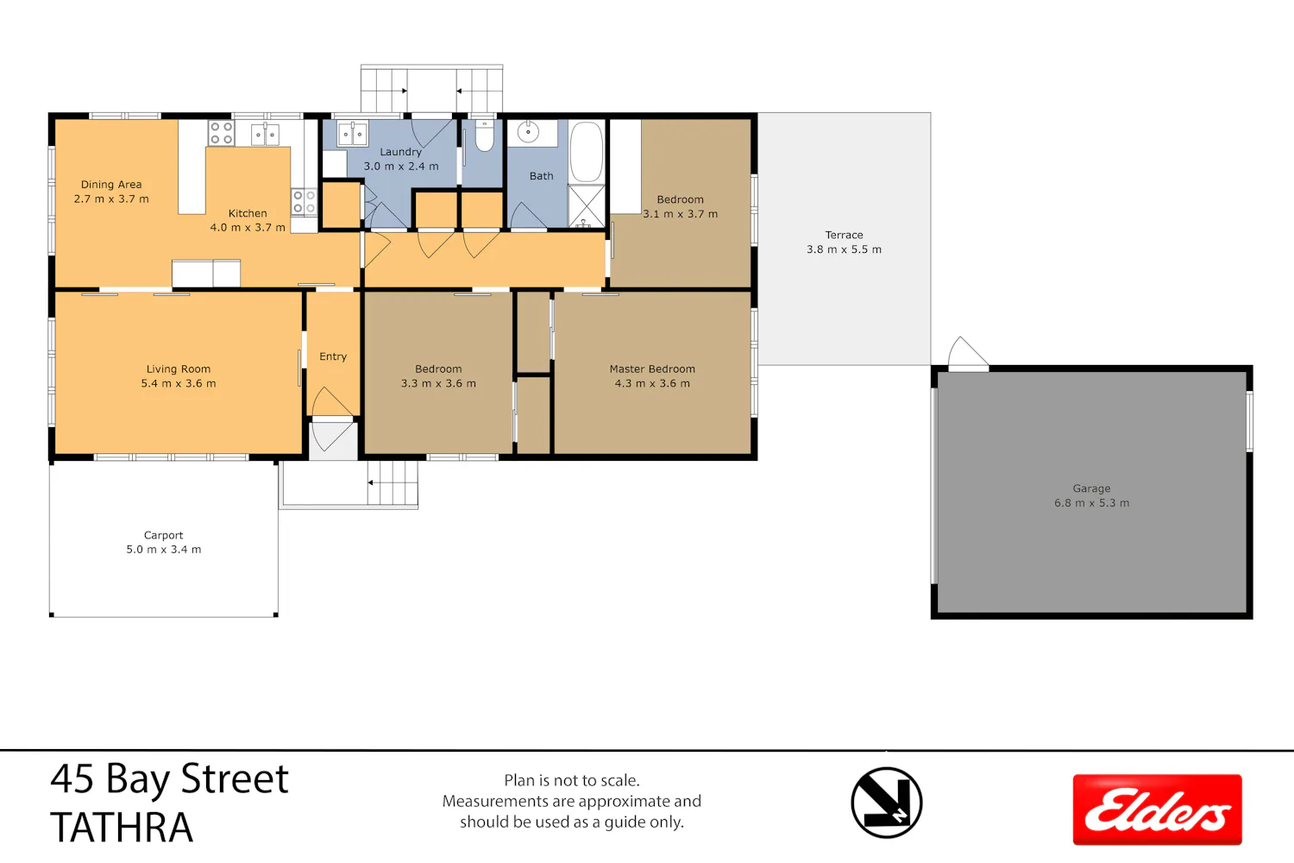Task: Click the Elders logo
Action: click(1157, 809)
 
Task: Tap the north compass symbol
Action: click(886, 803)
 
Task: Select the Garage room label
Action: click(1091, 488)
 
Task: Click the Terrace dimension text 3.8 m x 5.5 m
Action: click(844, 249)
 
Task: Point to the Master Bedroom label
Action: click(652, 369)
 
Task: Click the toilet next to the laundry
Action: click(484, 135)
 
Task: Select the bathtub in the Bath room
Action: click(587, 152)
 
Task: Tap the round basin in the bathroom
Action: click(528, 132)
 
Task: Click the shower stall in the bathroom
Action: click(587, 205)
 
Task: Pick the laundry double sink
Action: click(352, 134)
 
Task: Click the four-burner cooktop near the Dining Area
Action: click(221, 132)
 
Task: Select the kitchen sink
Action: click(265, 134)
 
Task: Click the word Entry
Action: click(333, 356)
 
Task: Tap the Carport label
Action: click(164, 535)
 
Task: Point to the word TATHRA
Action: click(122, 827)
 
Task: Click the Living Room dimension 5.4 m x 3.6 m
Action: click(179, 383)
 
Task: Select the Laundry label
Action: click(400, 152)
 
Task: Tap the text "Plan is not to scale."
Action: click(572, 780)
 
